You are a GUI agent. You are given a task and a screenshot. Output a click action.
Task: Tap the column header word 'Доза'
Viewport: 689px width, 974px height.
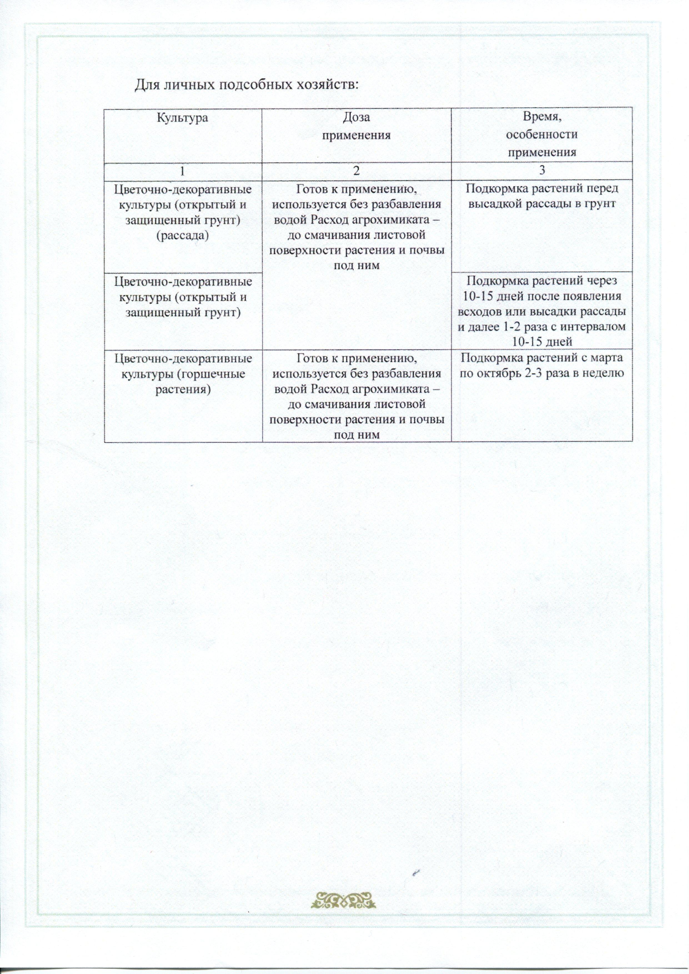pos(356,117)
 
